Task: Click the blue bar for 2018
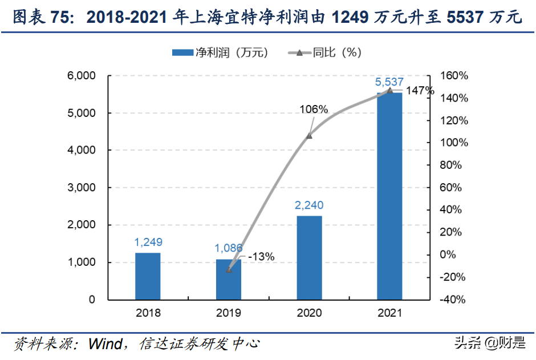click(x=148, y=276)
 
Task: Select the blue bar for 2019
click(x=229, y=279)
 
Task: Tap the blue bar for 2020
click(x=309, y=257)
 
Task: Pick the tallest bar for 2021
click(x=389, y=196)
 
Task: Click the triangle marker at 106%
click(x=309, y=136)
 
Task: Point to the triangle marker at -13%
click(x=229, y=269)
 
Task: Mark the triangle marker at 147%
click(x=390, y=90)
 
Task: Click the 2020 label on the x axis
click(x=309, y=313)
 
